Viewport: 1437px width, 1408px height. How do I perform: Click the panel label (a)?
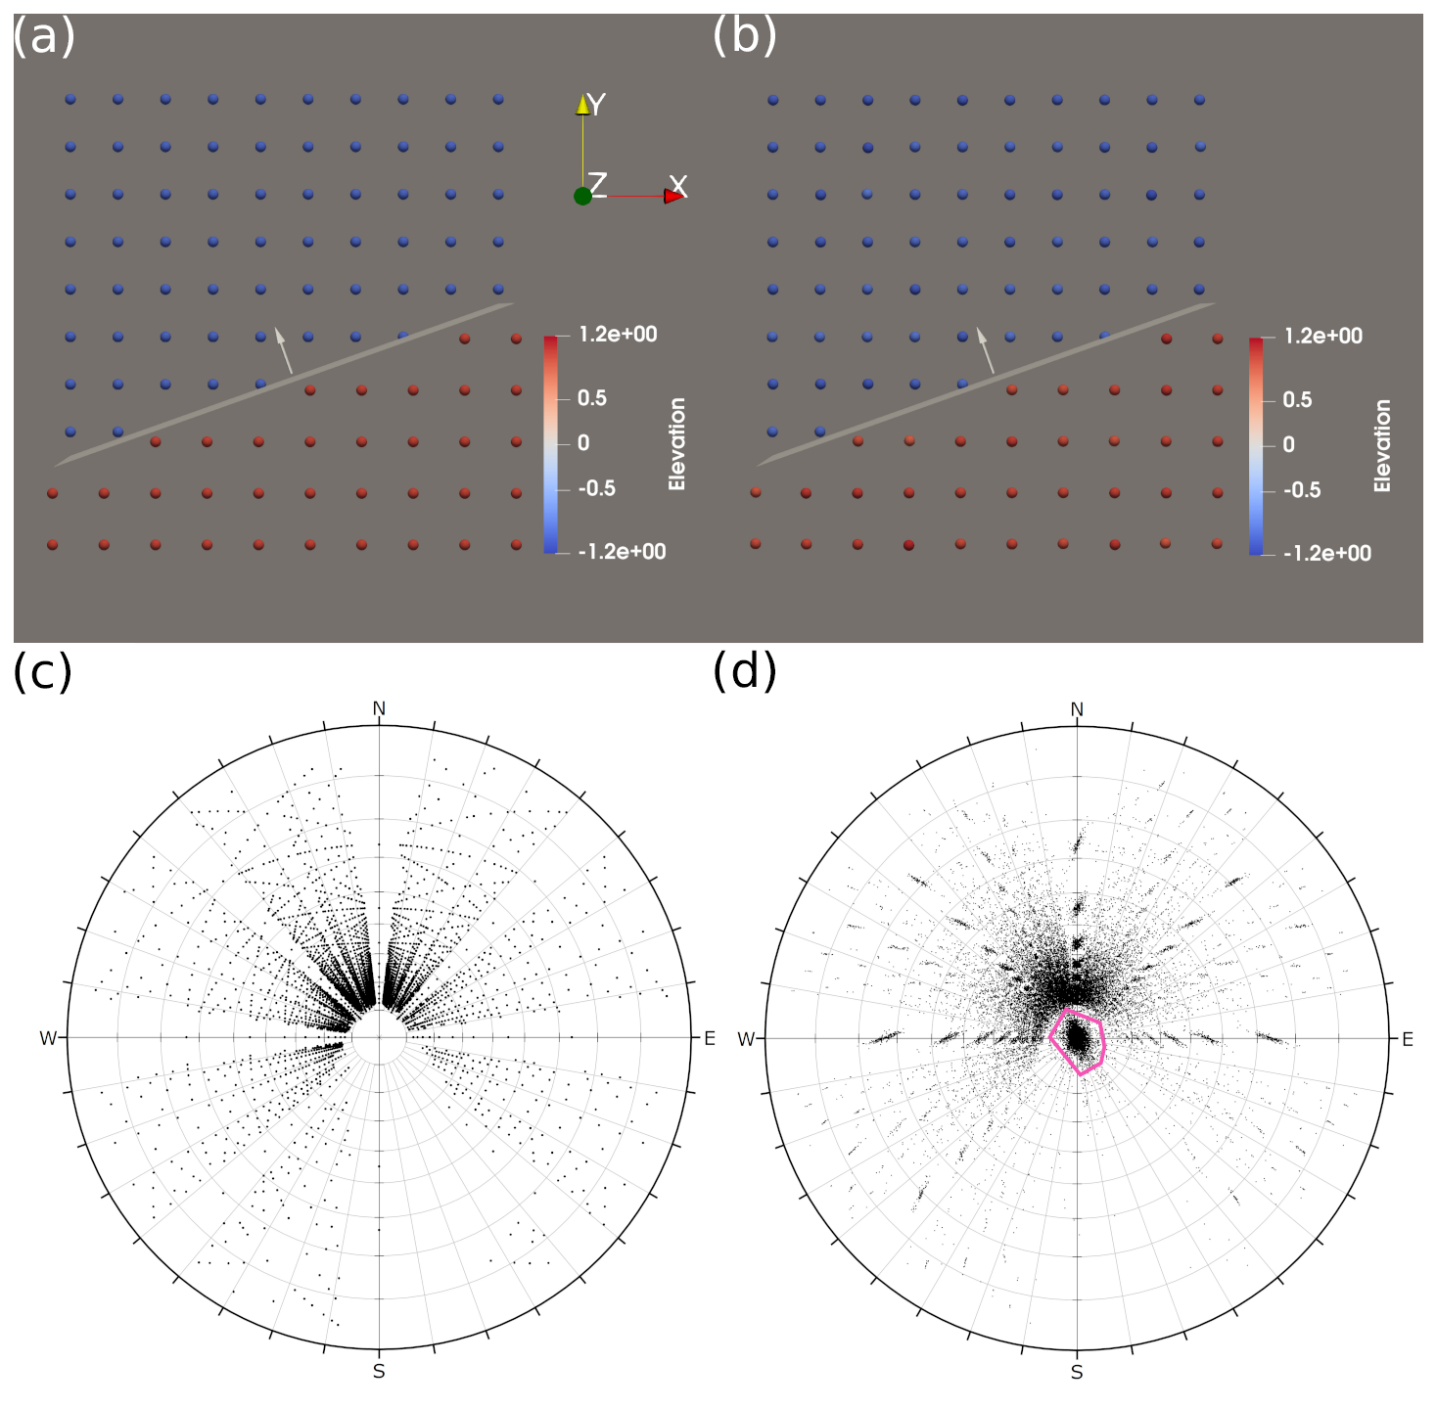pyautogui.click(x=43, y=37)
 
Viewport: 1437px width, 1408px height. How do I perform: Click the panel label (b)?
pyautogui.click(x=744, y=37)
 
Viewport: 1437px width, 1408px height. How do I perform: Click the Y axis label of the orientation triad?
pyautogui.click(x=596, y=105)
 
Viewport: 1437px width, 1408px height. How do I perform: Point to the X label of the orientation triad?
pyautogui.click(x=677, y=186)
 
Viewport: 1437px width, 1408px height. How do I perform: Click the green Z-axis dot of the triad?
pyautogui.click(x=582, y=196)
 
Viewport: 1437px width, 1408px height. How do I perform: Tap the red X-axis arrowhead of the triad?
pyautogui.click(x=673, y=197)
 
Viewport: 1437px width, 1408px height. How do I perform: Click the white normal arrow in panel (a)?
pyautogui.click(x=283, y=349)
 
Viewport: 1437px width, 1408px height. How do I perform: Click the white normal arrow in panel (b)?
pyautogui.click(x=986, y=349)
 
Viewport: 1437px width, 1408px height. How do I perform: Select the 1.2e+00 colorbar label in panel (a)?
pyautogui.click(x=618, y=335)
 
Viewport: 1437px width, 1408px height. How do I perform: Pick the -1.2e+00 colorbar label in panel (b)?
pyautogui.click(x=1327, y=554)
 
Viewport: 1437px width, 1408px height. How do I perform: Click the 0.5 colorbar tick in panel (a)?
pyautogui.click(x=591, y=398)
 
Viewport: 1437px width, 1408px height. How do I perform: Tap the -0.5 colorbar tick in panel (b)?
pyautogui.click(x=1301, y=490)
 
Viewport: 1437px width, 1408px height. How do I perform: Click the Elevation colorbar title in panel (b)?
pyautogui.click(x=1382, y=445)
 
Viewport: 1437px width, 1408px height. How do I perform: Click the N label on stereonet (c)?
pyautogui.click(x=379, y=708)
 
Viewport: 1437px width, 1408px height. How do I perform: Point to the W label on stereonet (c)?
pyautogui.click(x=48, y=1038)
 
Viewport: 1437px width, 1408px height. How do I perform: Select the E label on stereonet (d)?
pyautogui.click(x=1408, y=1039)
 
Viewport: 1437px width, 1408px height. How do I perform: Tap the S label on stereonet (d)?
pyautogui.click(x=1077, y=1372)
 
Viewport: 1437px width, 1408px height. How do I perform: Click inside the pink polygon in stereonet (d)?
pyautogui.click(x=1078, y=1039)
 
